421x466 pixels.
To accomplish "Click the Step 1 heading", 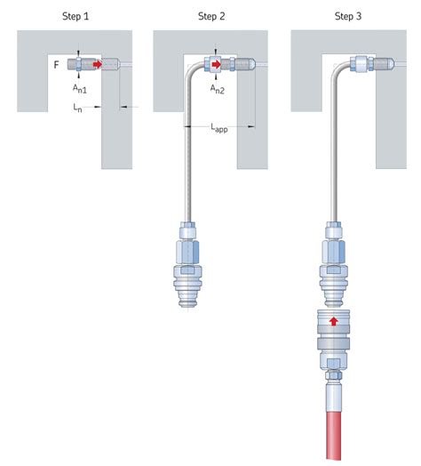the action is tap(75, 16).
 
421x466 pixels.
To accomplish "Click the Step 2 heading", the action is tap(211, 16).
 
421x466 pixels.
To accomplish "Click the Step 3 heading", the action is tap(348, 16).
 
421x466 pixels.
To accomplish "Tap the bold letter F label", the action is tap(57, 65).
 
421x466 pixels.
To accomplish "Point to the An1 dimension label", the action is tap(80, 89).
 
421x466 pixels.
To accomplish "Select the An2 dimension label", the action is tap(218, 89).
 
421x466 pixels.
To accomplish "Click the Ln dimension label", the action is tap(77, 108).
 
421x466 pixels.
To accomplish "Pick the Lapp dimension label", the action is tap(219, 127).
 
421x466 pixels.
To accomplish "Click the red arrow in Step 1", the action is tap(98, 64).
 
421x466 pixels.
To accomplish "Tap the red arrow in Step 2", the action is tap(216, 64).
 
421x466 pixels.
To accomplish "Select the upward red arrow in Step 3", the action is tap(334, 321).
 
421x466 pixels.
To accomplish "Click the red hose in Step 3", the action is tap(334, 436).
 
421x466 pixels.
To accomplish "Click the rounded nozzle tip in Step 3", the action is tap(391, 63).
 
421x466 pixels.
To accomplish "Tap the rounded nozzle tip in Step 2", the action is tap(251, 63).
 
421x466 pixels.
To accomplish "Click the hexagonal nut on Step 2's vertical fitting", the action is tap(187, 252).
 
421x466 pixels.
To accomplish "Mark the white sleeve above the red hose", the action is tap(334, 398).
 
